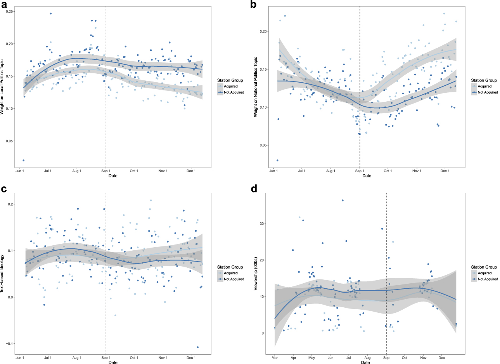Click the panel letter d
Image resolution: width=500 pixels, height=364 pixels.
pos(254,189)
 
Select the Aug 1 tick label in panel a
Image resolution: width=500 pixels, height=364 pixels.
pos(77,171)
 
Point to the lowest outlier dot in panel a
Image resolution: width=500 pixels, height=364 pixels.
pos(24,160)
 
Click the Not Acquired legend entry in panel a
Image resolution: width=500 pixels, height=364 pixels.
pos(234,92)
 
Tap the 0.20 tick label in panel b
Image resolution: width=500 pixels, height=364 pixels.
pos(263,31)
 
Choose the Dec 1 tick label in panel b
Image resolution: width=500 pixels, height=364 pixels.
pos(445,171)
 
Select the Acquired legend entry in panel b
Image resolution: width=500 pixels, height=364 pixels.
pos(484,87)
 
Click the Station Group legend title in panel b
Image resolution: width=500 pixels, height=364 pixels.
pos(484,80)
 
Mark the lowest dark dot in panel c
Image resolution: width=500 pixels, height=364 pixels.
pos(198,347)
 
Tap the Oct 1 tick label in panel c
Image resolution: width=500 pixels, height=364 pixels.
pos(134,358)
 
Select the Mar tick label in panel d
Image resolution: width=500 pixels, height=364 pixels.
pos(275,358)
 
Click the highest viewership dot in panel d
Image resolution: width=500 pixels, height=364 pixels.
pos(343,200)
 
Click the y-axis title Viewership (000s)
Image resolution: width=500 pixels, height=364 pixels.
pos(256,274)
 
